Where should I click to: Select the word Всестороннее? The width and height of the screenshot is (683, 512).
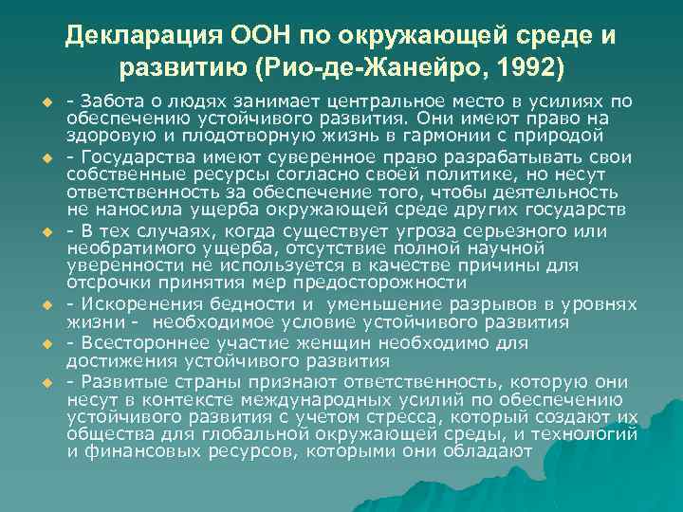pyautogui.click(x=141, y=342)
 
